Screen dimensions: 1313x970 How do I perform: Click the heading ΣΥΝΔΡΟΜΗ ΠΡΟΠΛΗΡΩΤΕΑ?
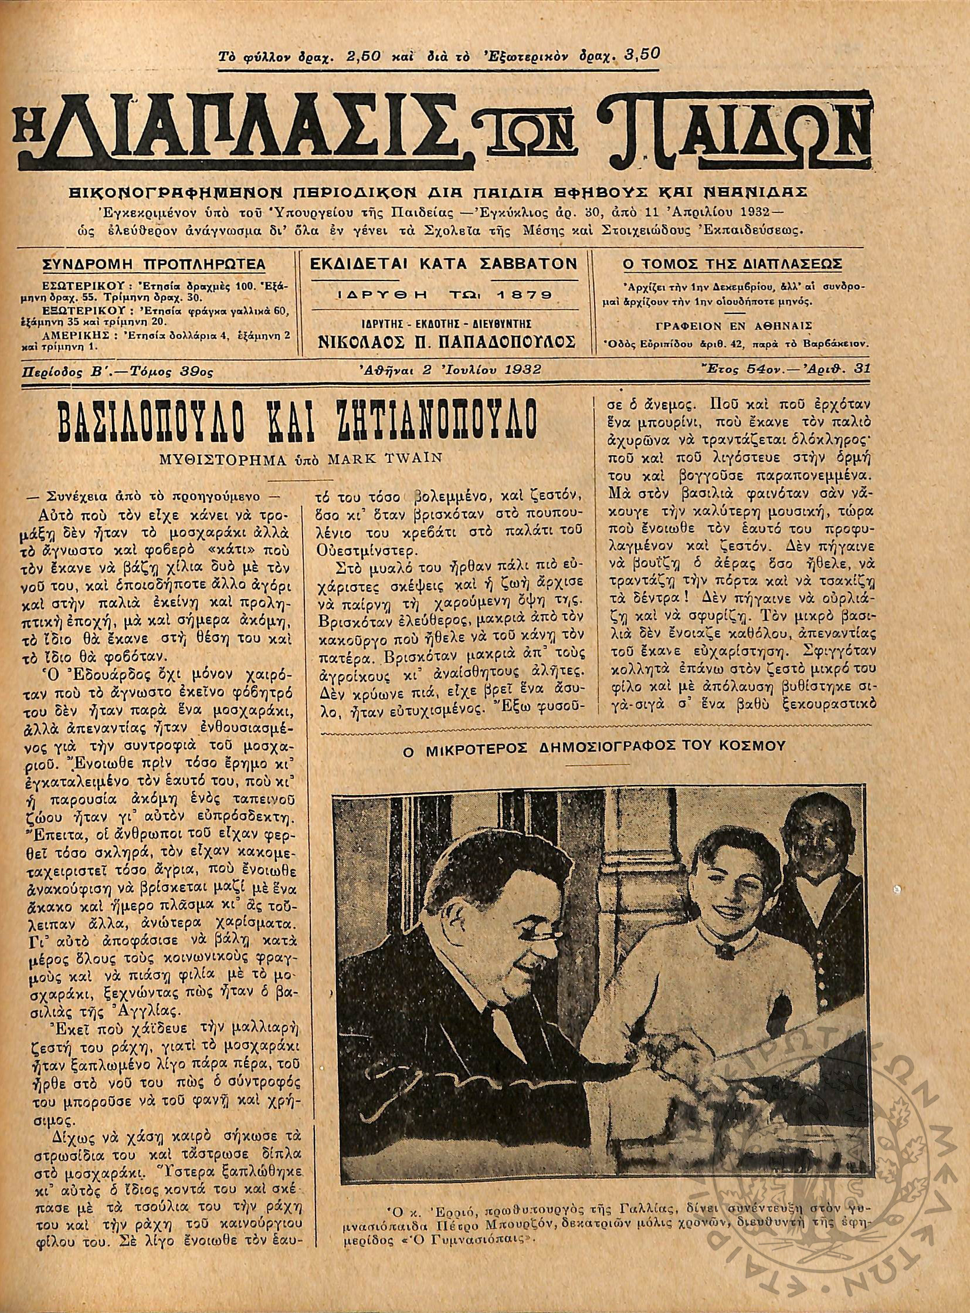(154, 265)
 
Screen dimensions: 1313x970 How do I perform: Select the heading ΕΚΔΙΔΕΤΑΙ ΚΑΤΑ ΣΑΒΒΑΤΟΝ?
(444, 265)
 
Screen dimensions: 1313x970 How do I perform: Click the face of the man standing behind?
(813, 850)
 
